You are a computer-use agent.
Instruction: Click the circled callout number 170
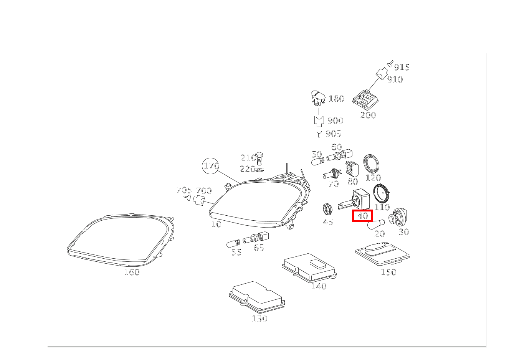coord(211,166)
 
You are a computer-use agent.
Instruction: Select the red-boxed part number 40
coord(362,216)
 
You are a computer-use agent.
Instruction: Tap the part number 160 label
coord(132,272)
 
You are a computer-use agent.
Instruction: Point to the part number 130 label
coord(260,319)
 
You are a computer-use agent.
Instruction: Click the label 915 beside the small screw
coord(402,68)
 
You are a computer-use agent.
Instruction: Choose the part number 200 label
coord(368,115)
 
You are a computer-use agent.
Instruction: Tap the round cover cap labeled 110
coord(382,194)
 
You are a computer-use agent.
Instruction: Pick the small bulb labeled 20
coord(376,224)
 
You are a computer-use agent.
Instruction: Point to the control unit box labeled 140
coord(309,268)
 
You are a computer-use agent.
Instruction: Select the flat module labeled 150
coord(383,254)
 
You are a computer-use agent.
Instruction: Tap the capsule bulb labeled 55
coord(233,243)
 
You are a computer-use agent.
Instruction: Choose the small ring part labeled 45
coord(328,210)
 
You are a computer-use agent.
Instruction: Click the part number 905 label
coord(333,134)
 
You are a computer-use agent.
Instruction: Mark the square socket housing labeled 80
coord(352,169)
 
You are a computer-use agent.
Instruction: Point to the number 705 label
coord(184,190)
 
